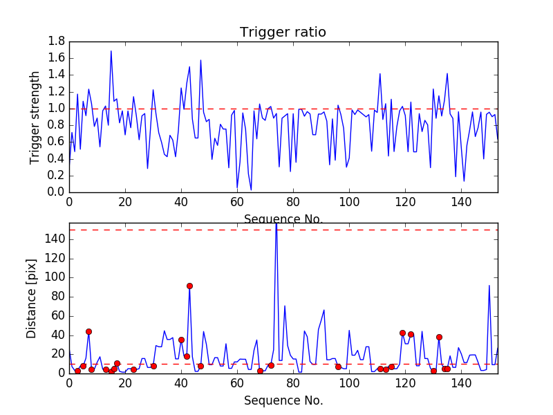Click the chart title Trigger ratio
point(283,33)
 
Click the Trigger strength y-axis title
point(35,117)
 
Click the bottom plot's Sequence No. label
point(283,400)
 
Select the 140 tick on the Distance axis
point(54,239)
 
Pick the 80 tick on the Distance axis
point(57,297)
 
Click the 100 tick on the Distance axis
point(54,277)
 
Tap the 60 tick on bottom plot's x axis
point(237,382)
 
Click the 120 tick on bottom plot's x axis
point(405,382)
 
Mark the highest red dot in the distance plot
point(189,286)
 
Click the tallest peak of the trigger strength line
point(111,51)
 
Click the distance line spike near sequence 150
point(489,286)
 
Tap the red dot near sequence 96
point(338,367)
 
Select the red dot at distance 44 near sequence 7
point(88,331)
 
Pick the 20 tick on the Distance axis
point(57,354)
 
